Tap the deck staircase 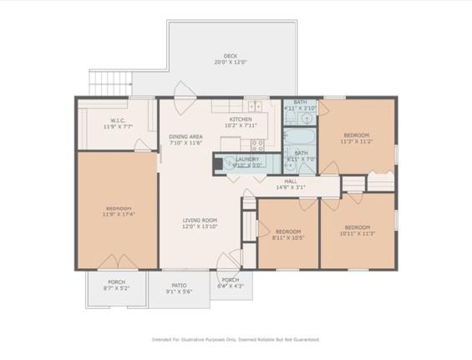111,84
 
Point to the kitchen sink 254,106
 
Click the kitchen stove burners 258,145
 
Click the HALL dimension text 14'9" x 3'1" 291,188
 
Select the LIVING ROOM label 200,224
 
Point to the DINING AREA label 185,139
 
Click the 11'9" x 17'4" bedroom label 118,211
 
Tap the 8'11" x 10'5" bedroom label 288,235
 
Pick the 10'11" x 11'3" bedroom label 357,231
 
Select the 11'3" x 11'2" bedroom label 356,139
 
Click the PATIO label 180,288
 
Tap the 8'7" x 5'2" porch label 116,286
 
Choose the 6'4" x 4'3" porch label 231,283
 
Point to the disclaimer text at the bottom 236,339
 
